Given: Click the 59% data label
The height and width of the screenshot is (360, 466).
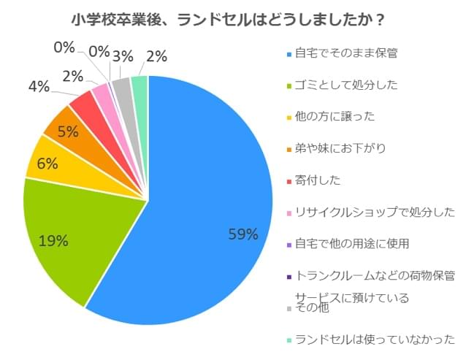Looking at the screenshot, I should [x=243, y=234].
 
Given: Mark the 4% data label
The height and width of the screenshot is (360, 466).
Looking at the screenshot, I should [x=39, y=87].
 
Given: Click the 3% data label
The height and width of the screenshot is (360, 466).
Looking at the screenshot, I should [x=123, y=56].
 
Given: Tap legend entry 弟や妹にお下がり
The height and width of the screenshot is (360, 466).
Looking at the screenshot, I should [x=340, y=148].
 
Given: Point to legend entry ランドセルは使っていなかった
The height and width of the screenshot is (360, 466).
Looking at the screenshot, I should [x=375, y=339].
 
